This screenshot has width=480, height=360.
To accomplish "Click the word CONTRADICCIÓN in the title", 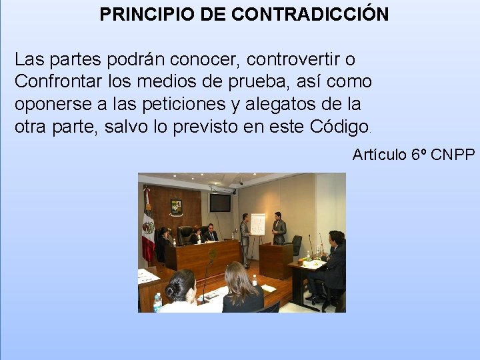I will click(x=309, y=14).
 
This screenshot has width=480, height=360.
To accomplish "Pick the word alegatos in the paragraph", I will click(x=289, y=105).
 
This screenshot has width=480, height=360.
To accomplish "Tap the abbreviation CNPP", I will click(x=453, y=155).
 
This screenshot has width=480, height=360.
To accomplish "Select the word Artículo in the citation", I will click(x=379, y=155).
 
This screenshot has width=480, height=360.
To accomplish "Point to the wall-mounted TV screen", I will click(x=220, y=202).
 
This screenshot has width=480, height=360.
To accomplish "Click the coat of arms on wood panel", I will click(x=176, y=207).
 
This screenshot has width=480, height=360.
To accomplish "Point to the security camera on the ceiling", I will click(x=240, y=181).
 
